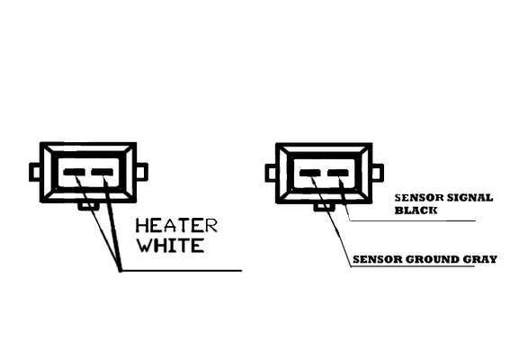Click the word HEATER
tap(176, 226)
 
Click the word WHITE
tap(171, 246)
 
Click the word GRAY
tap(479, 259)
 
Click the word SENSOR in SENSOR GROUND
tap(378, 259)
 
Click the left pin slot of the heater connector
tap(74, 172)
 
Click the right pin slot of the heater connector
tap(103, 172)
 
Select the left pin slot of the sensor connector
tap(310, 173)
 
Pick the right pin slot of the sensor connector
tap(338, 173)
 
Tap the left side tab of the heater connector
tap(35, 172)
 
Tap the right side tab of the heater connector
tap(142, 171)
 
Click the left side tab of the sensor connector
tap(271, 173)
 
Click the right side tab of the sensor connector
tap(378, 172)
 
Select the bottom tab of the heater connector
tap(88, 206)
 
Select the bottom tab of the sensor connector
tap(324, 207)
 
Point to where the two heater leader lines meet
tap(120, 270)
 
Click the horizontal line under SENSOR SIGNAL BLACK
tap(413, 220)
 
